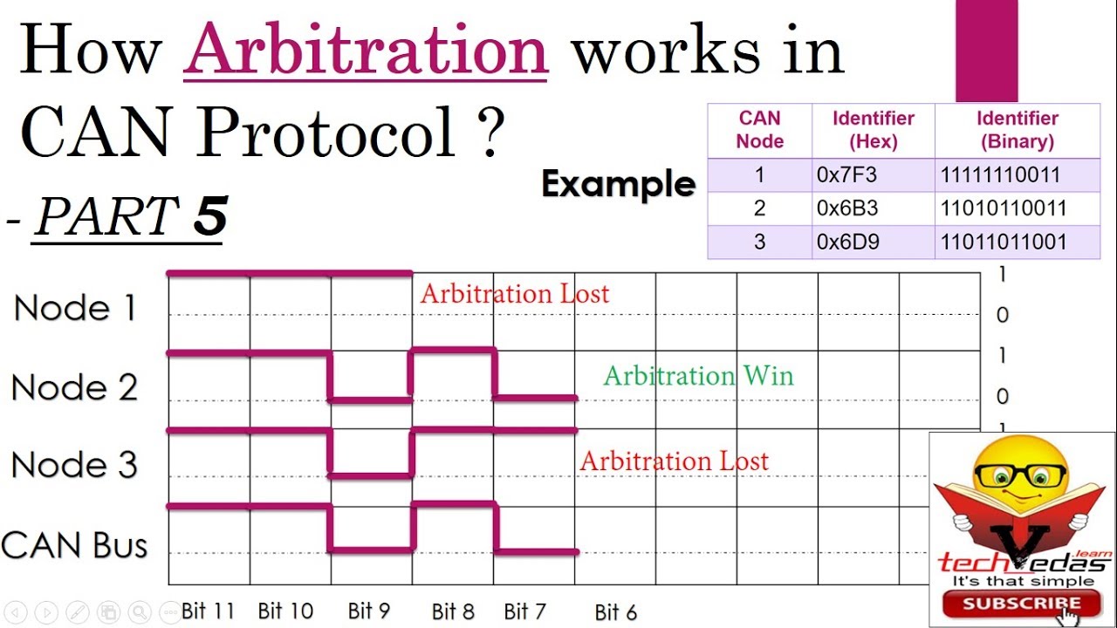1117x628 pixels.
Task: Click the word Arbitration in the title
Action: pyautogui.click(x=365, y=51)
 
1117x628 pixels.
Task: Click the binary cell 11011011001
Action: pyautogui.click(x=1004, y=242)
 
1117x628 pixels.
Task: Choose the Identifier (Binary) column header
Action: pyautogui.click(x=1017, y=130)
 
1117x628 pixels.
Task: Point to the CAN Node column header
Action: pyautogui.click(x=759, y=130)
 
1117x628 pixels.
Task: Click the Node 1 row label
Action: pyautogui.click(x=75, y=309)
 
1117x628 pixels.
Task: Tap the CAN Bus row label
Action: pyautogui.click(x=75, y=545)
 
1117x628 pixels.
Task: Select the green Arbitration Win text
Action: pyautogui.click(x=698, y=376)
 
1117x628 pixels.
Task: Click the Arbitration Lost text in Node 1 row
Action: pyautogui.click(x=514, y=294)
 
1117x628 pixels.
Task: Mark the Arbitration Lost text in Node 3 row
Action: pyautogui.click(x=674, y=461)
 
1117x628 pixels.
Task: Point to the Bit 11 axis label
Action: pyautogui.click(x=208, y=611)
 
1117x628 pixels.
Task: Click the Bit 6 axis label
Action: pyautogui.click(x=616, y=612)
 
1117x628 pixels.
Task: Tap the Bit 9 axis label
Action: pyautogui.click(x=369, y=611)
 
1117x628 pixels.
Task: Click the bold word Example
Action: pyautogui.click(x=618, y=184)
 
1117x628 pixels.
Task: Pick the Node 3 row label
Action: pyautogui.click(x=75, y=465)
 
